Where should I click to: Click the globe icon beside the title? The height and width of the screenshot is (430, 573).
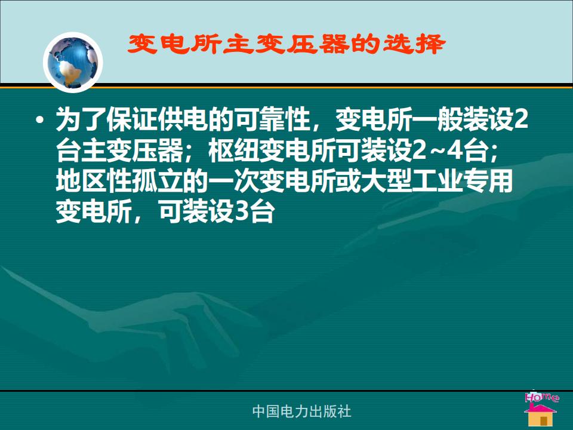point(73,62)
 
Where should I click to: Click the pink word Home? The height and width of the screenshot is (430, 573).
point(542,397)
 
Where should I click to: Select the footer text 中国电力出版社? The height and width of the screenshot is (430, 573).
point(301,411)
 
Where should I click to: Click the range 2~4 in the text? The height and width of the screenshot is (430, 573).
point(437,150)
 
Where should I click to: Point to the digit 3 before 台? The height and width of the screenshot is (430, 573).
point(242,213)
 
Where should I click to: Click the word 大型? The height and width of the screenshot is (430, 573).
point(386,182)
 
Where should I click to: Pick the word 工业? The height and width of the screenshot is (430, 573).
point(436,182)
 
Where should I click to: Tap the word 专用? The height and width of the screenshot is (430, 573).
point(487,182)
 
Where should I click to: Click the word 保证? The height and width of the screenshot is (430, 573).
point(132,119)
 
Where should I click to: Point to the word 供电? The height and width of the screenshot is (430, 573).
point(183,119)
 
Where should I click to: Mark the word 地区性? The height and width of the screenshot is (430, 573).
point(94,182)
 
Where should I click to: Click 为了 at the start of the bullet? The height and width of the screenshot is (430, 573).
point(81,119)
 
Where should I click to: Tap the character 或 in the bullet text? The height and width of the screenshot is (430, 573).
point(348,182)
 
